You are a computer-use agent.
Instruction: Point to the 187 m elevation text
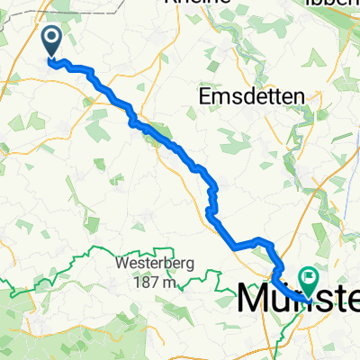click(x=156, y=283)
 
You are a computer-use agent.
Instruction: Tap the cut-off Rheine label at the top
click(x=192, y=3)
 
